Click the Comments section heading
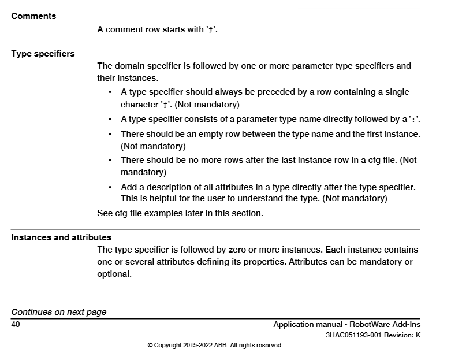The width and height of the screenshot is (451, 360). point(33,16)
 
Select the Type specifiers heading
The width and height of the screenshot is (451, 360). point(43,54)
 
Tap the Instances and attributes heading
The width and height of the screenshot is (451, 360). point(61,237)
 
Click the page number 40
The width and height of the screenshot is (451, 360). point(16,325)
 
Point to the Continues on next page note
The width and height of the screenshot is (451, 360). point(59,312)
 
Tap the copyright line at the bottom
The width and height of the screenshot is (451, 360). point(215,346)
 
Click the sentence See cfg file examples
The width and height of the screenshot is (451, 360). point(180,213)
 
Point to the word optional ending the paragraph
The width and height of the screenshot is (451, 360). point(114,274)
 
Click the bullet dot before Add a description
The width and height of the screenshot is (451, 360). point(110,188)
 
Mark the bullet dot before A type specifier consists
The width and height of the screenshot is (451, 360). point(110,119)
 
